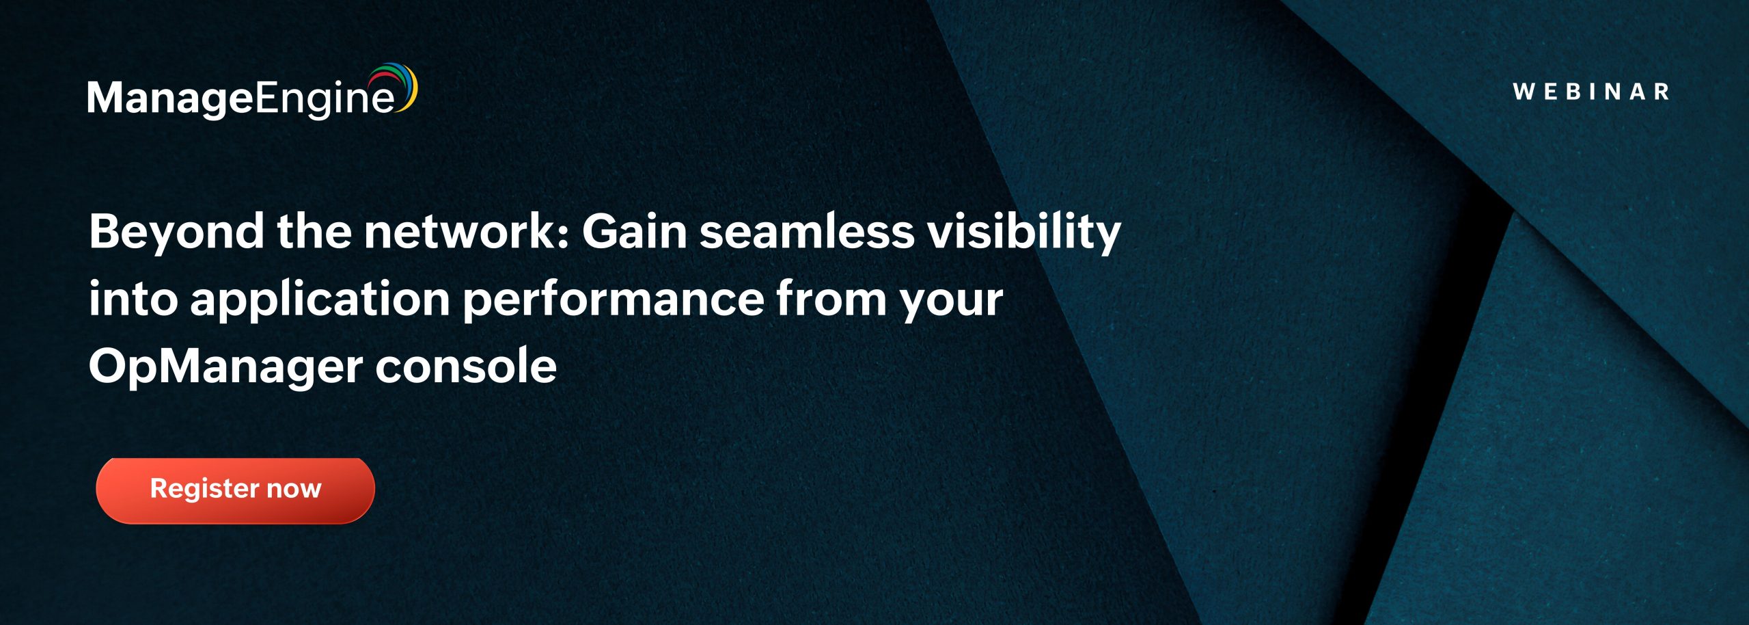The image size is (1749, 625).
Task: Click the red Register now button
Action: coord(235,490)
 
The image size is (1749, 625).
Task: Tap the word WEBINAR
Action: coord(1591,92)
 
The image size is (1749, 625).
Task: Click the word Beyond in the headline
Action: coord(176,233)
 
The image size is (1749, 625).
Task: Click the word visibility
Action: coord(1023,233)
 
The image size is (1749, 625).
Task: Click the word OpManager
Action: coord(225,368)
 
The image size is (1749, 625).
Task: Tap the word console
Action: coord(466,367)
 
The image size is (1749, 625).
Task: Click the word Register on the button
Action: coord(204,490)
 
